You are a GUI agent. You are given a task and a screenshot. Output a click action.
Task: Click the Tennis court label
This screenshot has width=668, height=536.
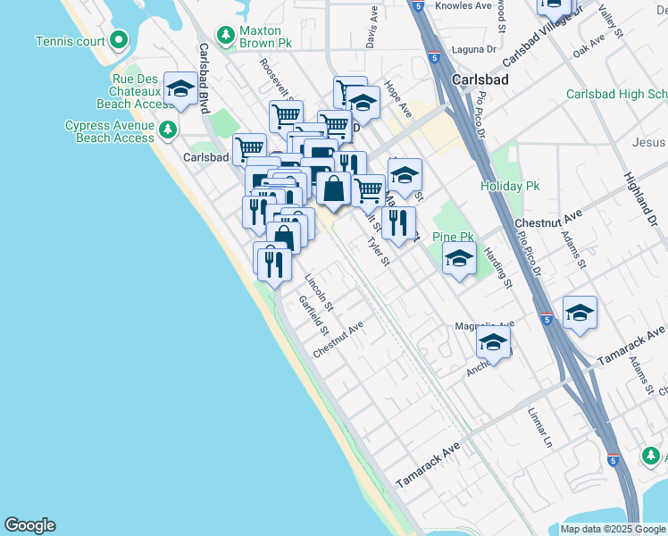point(70,41)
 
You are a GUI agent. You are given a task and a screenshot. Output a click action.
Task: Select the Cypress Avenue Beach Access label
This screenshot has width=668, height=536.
point(110,131)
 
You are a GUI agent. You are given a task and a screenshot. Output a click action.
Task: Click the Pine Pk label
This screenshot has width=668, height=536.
point(453,237)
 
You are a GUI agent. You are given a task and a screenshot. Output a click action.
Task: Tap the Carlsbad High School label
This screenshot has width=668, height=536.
point(616,94)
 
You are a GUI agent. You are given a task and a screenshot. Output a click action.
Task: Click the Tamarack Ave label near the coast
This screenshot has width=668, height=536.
point(428,465)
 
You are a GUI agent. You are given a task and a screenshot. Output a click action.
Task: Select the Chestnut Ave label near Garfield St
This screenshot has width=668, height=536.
point(338,340)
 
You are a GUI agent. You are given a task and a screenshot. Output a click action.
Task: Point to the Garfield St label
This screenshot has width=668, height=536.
point(313,315)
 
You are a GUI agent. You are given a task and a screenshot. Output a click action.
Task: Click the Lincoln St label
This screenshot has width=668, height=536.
point(319,292)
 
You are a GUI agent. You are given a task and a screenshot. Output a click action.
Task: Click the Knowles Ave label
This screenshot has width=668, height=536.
point(463,5)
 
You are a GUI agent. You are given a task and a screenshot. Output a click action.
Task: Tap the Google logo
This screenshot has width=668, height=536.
point(29,525)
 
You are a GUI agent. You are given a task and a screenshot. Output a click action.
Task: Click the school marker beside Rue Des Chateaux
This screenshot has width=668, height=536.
point(181,88)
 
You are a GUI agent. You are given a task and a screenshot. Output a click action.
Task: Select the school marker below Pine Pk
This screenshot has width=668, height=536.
point(459,259)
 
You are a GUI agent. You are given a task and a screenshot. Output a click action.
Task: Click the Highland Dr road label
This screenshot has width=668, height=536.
point(640,197)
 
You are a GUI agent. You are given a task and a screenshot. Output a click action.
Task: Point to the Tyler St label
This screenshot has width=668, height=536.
point(380,250)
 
